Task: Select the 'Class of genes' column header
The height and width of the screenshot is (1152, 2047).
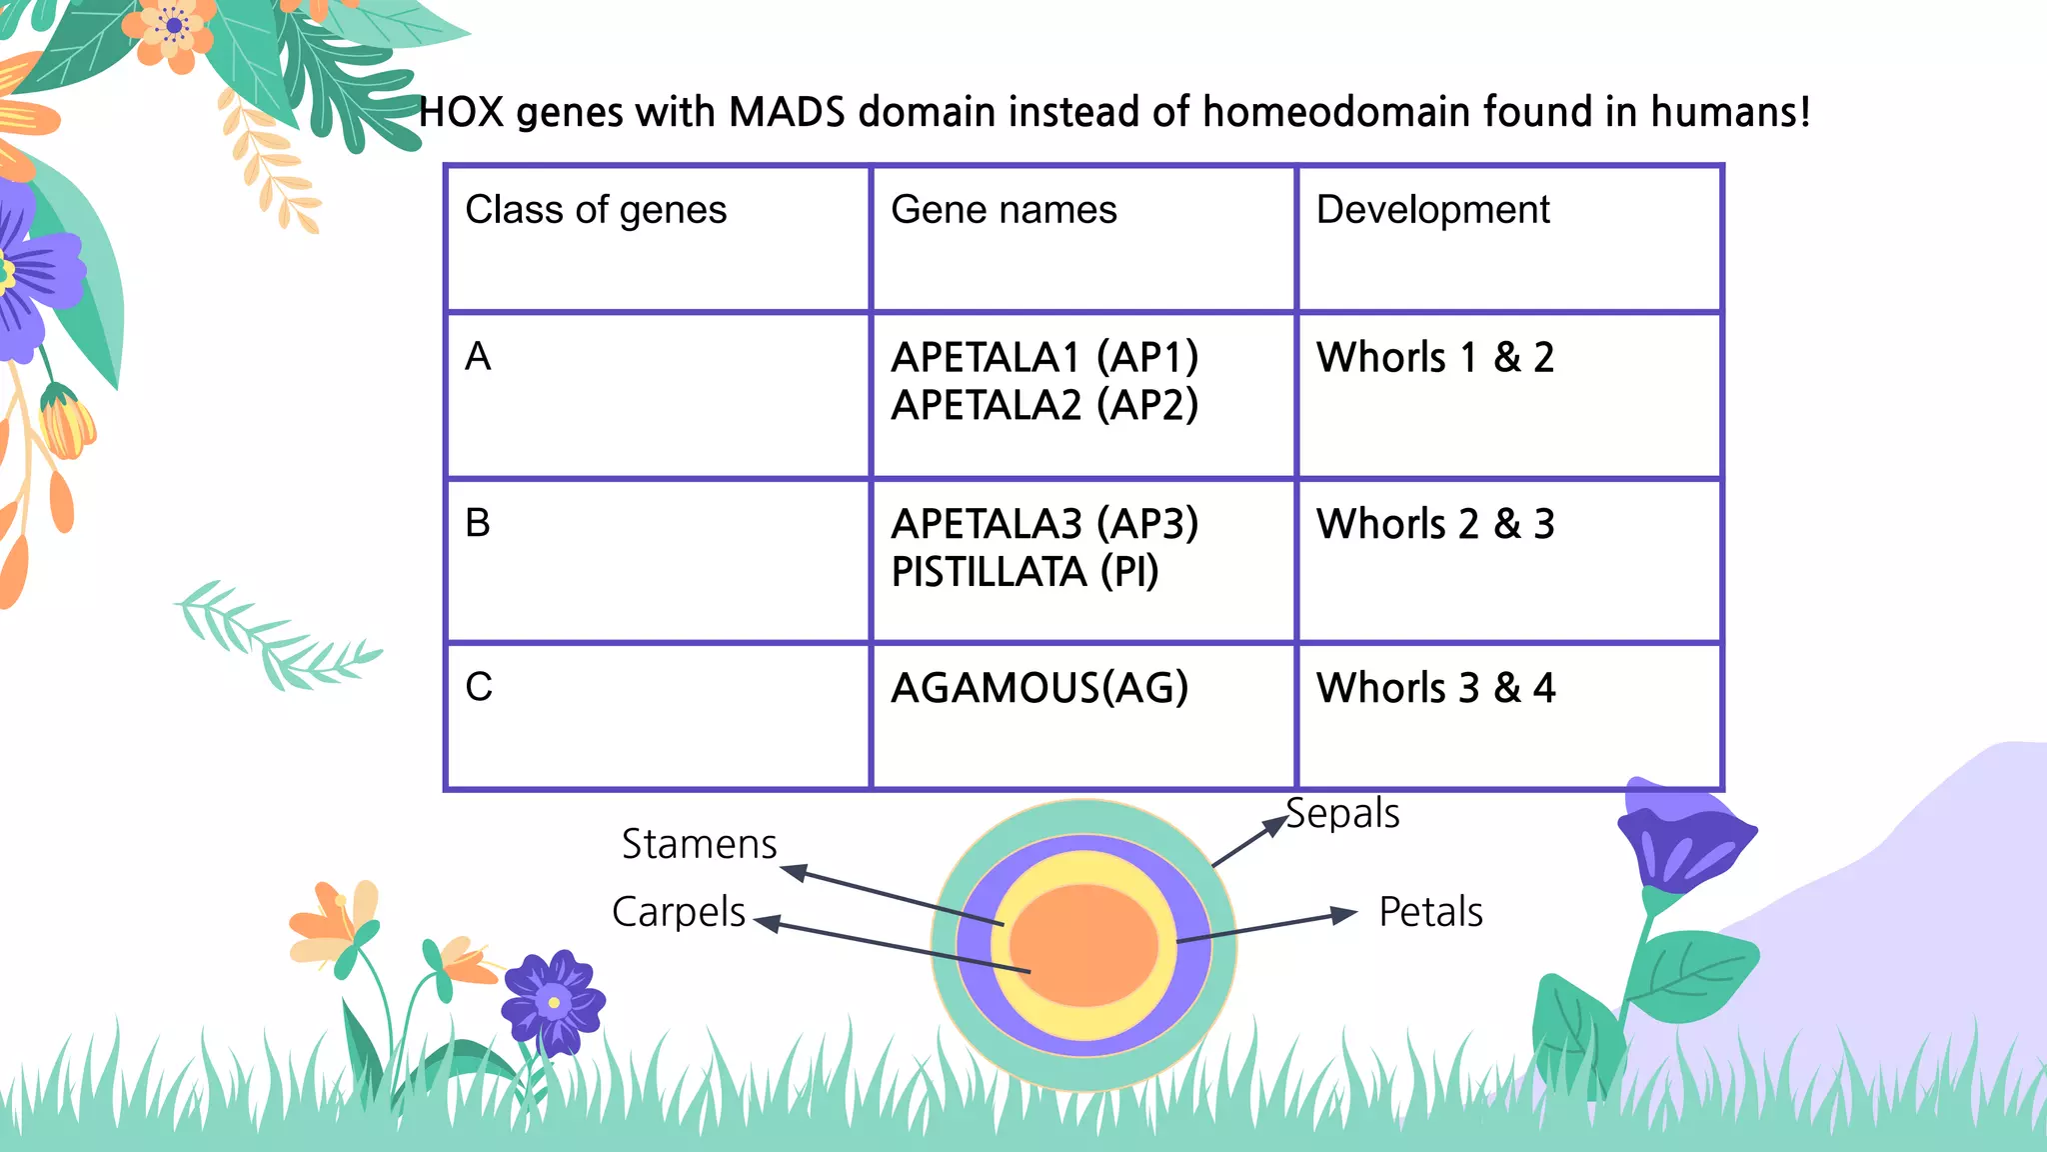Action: tap(596, 210)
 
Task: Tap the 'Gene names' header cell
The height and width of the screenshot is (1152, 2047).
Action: tap(1004, 210)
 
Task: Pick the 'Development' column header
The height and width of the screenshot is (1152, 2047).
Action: tap(1432, 210)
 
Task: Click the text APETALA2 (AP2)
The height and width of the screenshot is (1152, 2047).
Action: tap(1044, 405)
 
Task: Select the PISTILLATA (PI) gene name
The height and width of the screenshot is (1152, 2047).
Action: tap(1024, 572)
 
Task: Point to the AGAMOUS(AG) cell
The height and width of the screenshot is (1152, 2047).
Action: tap(1039, 688)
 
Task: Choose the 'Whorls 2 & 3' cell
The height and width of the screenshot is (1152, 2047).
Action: tap(1435, 524)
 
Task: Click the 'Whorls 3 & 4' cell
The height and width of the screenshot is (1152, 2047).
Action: tap(1435, 688)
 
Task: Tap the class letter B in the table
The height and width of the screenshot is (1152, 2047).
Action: tap(478, 523)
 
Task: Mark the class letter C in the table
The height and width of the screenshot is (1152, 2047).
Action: tap(479, 687)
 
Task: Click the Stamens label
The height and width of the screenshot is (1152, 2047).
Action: tap(699, 844)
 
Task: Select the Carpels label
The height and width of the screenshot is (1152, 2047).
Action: tap(679, 912)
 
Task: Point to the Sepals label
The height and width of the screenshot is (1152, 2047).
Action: tap(1342, 813)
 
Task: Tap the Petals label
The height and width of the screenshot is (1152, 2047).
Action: tap(1430, 912)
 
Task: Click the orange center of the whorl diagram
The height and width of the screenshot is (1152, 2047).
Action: tap(1084, 945)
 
